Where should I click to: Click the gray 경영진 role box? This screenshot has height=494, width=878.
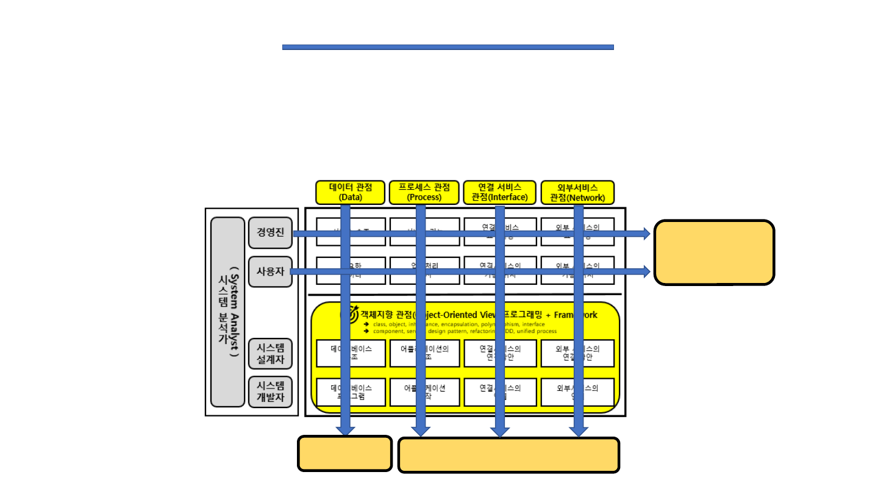point(270,232)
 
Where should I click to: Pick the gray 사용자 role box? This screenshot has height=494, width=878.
point(270,271)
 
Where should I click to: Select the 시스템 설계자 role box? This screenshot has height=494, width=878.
point(270,354)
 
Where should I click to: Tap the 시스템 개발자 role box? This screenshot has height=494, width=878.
point(270,392)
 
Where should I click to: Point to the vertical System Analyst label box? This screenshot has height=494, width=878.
point(227,312)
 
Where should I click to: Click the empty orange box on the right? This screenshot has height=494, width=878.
point(714,252)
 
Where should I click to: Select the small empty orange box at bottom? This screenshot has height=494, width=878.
point(344,454)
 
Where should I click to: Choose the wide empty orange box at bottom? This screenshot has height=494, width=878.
point(509,455)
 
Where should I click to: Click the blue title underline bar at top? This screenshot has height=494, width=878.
point(448,47)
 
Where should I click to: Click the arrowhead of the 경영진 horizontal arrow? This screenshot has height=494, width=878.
point(645,234)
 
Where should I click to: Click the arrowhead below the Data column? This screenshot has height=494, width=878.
point(346,430)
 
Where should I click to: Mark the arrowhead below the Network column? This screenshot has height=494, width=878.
point(578,431)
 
